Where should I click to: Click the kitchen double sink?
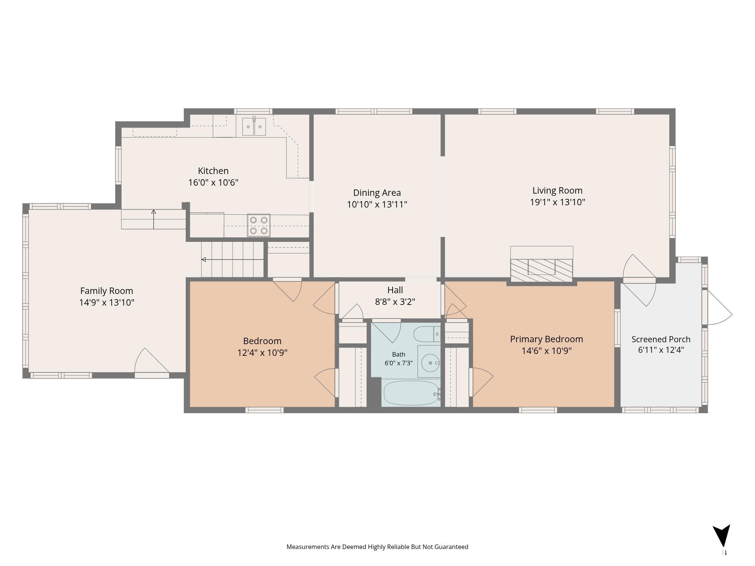254,126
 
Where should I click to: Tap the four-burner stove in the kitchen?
259,225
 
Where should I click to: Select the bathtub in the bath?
411,393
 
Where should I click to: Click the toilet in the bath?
427,334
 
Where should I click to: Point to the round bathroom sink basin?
430,363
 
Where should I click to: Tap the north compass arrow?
722,535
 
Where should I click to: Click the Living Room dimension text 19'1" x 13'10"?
558,202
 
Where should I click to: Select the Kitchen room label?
213,171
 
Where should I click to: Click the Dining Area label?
377,192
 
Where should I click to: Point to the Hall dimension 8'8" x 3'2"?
395,302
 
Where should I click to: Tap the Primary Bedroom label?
547,339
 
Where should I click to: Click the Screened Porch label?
661,339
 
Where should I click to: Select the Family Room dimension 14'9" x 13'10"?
107,303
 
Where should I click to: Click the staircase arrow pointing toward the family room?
233,260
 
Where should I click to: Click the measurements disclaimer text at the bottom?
377,547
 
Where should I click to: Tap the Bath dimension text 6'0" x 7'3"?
399,363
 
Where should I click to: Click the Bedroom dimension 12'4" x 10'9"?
262,353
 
